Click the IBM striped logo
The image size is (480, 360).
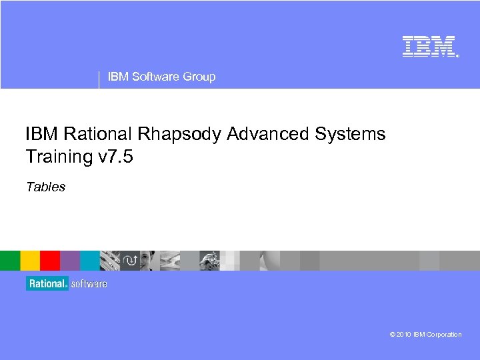pos(429,46)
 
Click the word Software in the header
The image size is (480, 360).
pos(156,77)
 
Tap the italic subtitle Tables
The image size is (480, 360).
pos(46,187)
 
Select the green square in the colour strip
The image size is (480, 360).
pos(9,260)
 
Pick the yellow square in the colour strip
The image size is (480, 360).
pos(30,260)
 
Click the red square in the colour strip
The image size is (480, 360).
pos(50,260)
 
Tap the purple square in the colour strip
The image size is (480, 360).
pos(70,260)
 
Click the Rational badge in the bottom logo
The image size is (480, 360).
pos(47,283)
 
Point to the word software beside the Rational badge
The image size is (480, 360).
pos(89,283)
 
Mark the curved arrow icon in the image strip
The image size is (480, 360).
pos(130,260)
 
